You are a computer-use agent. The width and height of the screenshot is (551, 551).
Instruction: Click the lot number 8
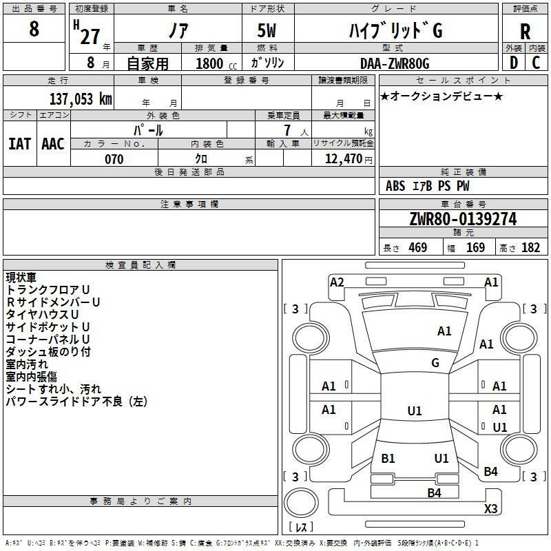point(34,28)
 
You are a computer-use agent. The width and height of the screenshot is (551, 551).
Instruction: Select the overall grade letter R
point(525,32)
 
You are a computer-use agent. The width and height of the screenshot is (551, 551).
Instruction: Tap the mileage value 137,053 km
point(81,99)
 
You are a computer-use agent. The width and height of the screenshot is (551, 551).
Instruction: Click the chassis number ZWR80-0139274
point(463,219)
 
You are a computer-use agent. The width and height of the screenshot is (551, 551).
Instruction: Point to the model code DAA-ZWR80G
point(395,63)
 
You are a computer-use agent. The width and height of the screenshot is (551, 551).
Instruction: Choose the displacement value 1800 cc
point(216,63)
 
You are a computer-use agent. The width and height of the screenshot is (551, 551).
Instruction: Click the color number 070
point(114,159)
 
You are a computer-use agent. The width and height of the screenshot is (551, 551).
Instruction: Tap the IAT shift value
point(20,144)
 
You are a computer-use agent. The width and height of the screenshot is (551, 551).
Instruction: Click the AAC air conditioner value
point(53,144)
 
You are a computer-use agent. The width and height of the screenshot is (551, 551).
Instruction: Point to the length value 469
point(418,247)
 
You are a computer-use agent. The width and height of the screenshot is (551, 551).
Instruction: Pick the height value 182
point(530,247)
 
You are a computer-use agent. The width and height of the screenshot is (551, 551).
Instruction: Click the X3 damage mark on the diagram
point(490,508)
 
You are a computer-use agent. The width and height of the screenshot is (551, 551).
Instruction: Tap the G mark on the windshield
point(435,362)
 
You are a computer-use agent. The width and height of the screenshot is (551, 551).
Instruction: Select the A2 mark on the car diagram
point(337,282)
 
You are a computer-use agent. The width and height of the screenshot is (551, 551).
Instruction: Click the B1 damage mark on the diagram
point(388,458)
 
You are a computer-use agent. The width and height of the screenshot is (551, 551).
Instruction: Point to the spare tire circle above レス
point(301,503)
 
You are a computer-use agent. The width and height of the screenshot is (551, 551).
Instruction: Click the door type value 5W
point(267,30)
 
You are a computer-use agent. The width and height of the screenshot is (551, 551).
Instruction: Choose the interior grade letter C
point(536,63)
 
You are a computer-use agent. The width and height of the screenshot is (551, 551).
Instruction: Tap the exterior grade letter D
point(514,63)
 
